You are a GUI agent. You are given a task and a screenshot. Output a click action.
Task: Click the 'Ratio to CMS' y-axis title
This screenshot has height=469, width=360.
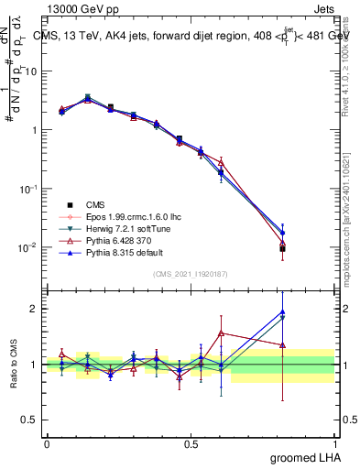click(x=13, y=364)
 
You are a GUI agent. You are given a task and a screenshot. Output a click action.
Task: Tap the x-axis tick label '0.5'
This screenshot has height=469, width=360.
click(x=191, y=443)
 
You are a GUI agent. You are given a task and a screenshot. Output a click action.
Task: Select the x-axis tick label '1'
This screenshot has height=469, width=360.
click(x=334, y=443)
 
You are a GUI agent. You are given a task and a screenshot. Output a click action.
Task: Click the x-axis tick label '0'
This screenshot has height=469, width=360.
click(x=47, y=443)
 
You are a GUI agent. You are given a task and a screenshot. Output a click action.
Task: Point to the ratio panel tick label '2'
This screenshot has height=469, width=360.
click(x=36, y=309)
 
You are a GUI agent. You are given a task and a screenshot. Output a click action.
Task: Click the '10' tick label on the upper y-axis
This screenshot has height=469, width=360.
click(x=33, y=71)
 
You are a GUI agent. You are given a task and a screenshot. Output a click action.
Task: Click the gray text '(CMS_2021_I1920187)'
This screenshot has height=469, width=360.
click(x=190, y=273)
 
